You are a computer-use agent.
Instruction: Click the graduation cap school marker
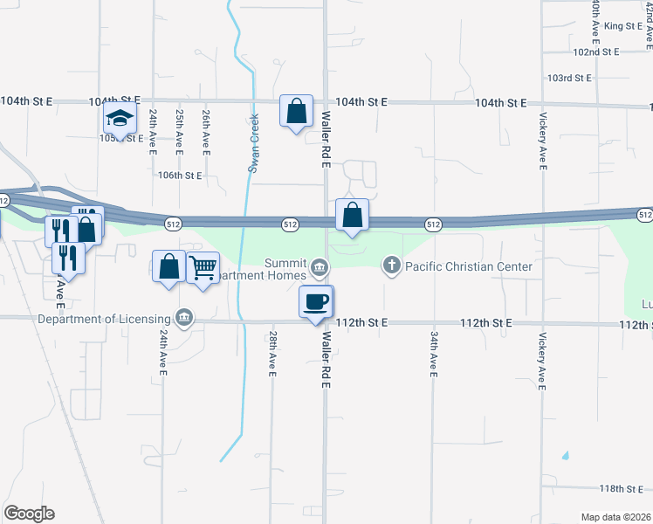tap(120, 118)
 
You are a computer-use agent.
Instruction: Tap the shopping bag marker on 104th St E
tap(297, 112)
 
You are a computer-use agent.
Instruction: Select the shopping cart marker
tap(203, 267)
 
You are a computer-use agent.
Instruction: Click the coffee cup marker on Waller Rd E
tap(316, 302)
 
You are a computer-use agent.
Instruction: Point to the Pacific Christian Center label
tap(467, 265)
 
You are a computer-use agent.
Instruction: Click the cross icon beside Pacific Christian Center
tap(392, 265)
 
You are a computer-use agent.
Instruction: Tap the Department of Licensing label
tap(106, 318)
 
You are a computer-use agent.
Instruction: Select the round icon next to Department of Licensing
tap(183, 318)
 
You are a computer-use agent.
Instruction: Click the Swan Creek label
tap(254, 143)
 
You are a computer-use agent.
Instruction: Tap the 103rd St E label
tap(569, 78)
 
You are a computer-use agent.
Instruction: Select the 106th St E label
tap(179, 175)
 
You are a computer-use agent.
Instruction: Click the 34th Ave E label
tap(433, 354)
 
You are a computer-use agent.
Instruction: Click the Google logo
tap(29, 514)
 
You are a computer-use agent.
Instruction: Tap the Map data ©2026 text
tap(615, 517)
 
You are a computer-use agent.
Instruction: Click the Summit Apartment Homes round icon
tap(320, 265)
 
